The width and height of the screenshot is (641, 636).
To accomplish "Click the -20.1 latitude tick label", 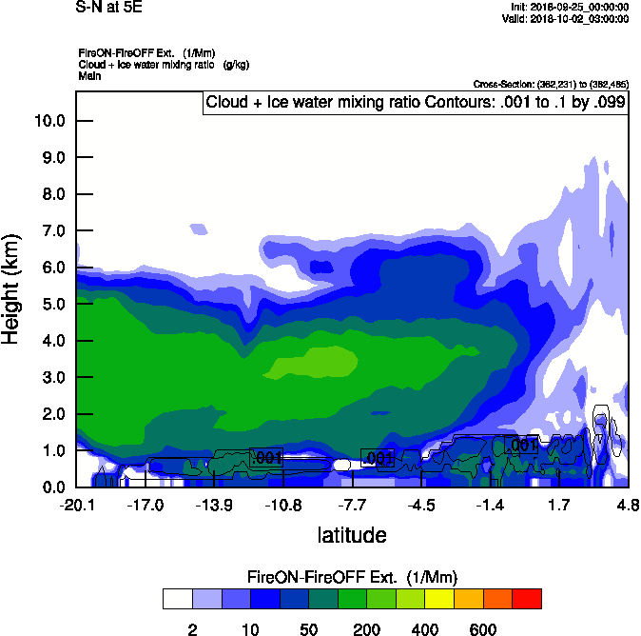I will pos(76,505).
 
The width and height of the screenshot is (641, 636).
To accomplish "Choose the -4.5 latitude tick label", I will pos(421,505).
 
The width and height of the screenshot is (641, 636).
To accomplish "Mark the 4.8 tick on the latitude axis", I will pos(627,505).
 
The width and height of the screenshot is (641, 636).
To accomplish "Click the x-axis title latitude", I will pos(351,535).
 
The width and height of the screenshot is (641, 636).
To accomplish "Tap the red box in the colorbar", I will pos(527,599).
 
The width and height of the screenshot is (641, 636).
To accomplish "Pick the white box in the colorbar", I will pos(177,599).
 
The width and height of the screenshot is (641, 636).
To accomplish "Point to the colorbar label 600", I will pos(483,629).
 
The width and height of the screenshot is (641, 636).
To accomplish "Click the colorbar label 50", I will pos(308,629).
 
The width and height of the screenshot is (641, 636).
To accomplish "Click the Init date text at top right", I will pos(568,8).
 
